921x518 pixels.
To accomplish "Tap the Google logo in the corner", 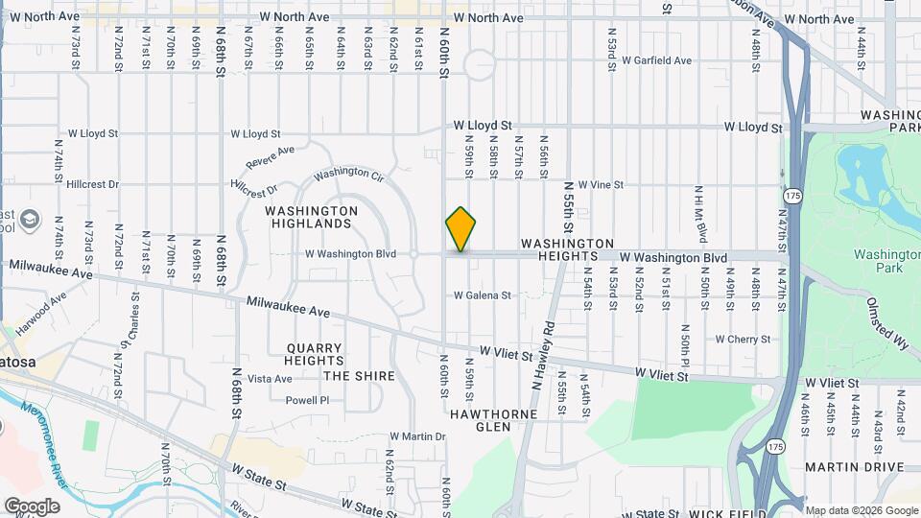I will [x=31, y=506].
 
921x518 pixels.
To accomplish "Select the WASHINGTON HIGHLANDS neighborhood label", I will [x=311, y=217].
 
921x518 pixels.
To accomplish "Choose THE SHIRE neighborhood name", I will [x=359, y=376].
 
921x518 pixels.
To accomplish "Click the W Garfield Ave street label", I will [x=656, y=60].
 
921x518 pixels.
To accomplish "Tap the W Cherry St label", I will [x=743, y=340].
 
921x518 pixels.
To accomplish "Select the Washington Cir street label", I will [x=348, y=174].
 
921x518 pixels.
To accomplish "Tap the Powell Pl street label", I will [x=307, y=400].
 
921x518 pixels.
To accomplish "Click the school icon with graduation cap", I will [x=32, y=219].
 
